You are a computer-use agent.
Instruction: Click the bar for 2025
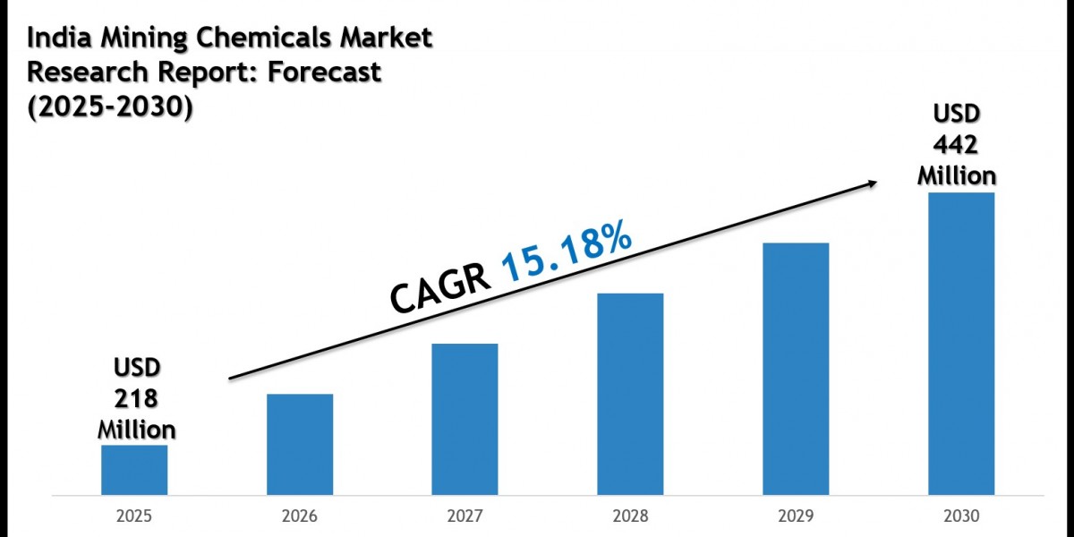[x=134, y=469]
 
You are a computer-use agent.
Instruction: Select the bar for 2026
[x=300, y=444]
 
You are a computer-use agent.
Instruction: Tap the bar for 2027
[x=465, y=419]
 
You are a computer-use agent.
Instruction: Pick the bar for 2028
[x=630, y=394]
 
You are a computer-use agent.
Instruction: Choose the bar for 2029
[x=796, y=368]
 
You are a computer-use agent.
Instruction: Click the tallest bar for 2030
[x=961, y=343]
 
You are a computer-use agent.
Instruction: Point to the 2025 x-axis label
[x=134, y=516]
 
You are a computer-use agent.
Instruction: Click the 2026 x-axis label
[x=300, y=516]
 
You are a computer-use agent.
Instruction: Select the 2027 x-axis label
[x=465, y=516]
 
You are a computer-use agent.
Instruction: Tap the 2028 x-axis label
[x=630, y=516]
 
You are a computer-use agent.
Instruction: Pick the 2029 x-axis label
[x=796, y=516]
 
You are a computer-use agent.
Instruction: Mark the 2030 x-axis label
[x=961, y=516]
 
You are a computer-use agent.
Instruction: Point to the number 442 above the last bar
[x=957, y=144]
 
